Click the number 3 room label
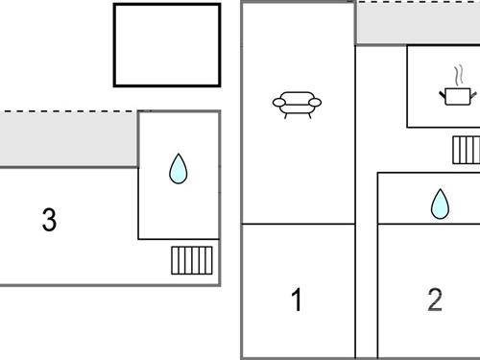tap(49, 220)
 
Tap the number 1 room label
tap(297, 300)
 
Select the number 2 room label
tap(435, 300)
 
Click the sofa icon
tap(297, 103)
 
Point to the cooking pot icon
tap(455, 94)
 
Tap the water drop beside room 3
tap(178, 169)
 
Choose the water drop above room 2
tap(440, 203)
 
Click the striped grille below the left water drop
tap(192, 260)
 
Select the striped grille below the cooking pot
tap(466, 150)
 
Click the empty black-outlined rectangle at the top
tap(167, 45)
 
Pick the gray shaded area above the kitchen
tap(418, 23)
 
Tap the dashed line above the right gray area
tap(418, 2)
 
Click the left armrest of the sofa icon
tap(277, 102)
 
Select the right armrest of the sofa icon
tap(316, 102)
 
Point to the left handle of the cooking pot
tap(441, 92)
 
